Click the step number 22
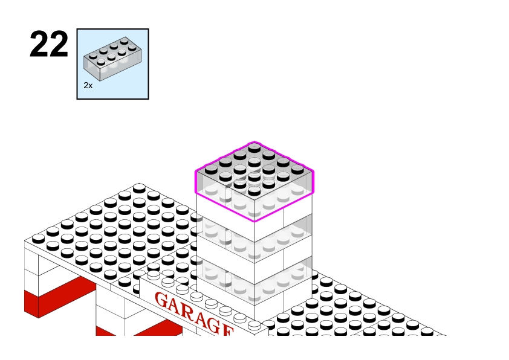point(49,45)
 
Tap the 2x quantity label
point(88,86)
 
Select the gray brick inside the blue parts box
point(112,59)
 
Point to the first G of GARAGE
point(162,300)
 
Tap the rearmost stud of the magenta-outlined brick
point(254,148)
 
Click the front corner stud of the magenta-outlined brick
point(254,190)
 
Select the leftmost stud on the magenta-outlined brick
point(212,169)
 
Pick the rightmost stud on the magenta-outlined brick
point(297,169)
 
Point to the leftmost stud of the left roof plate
point(39,239)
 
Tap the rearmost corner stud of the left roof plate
point(139,188)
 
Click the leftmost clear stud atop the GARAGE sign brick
point(154,275)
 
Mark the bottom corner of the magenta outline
point(254,221)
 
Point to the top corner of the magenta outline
point(254,142)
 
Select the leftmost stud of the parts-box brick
point(93,56)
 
